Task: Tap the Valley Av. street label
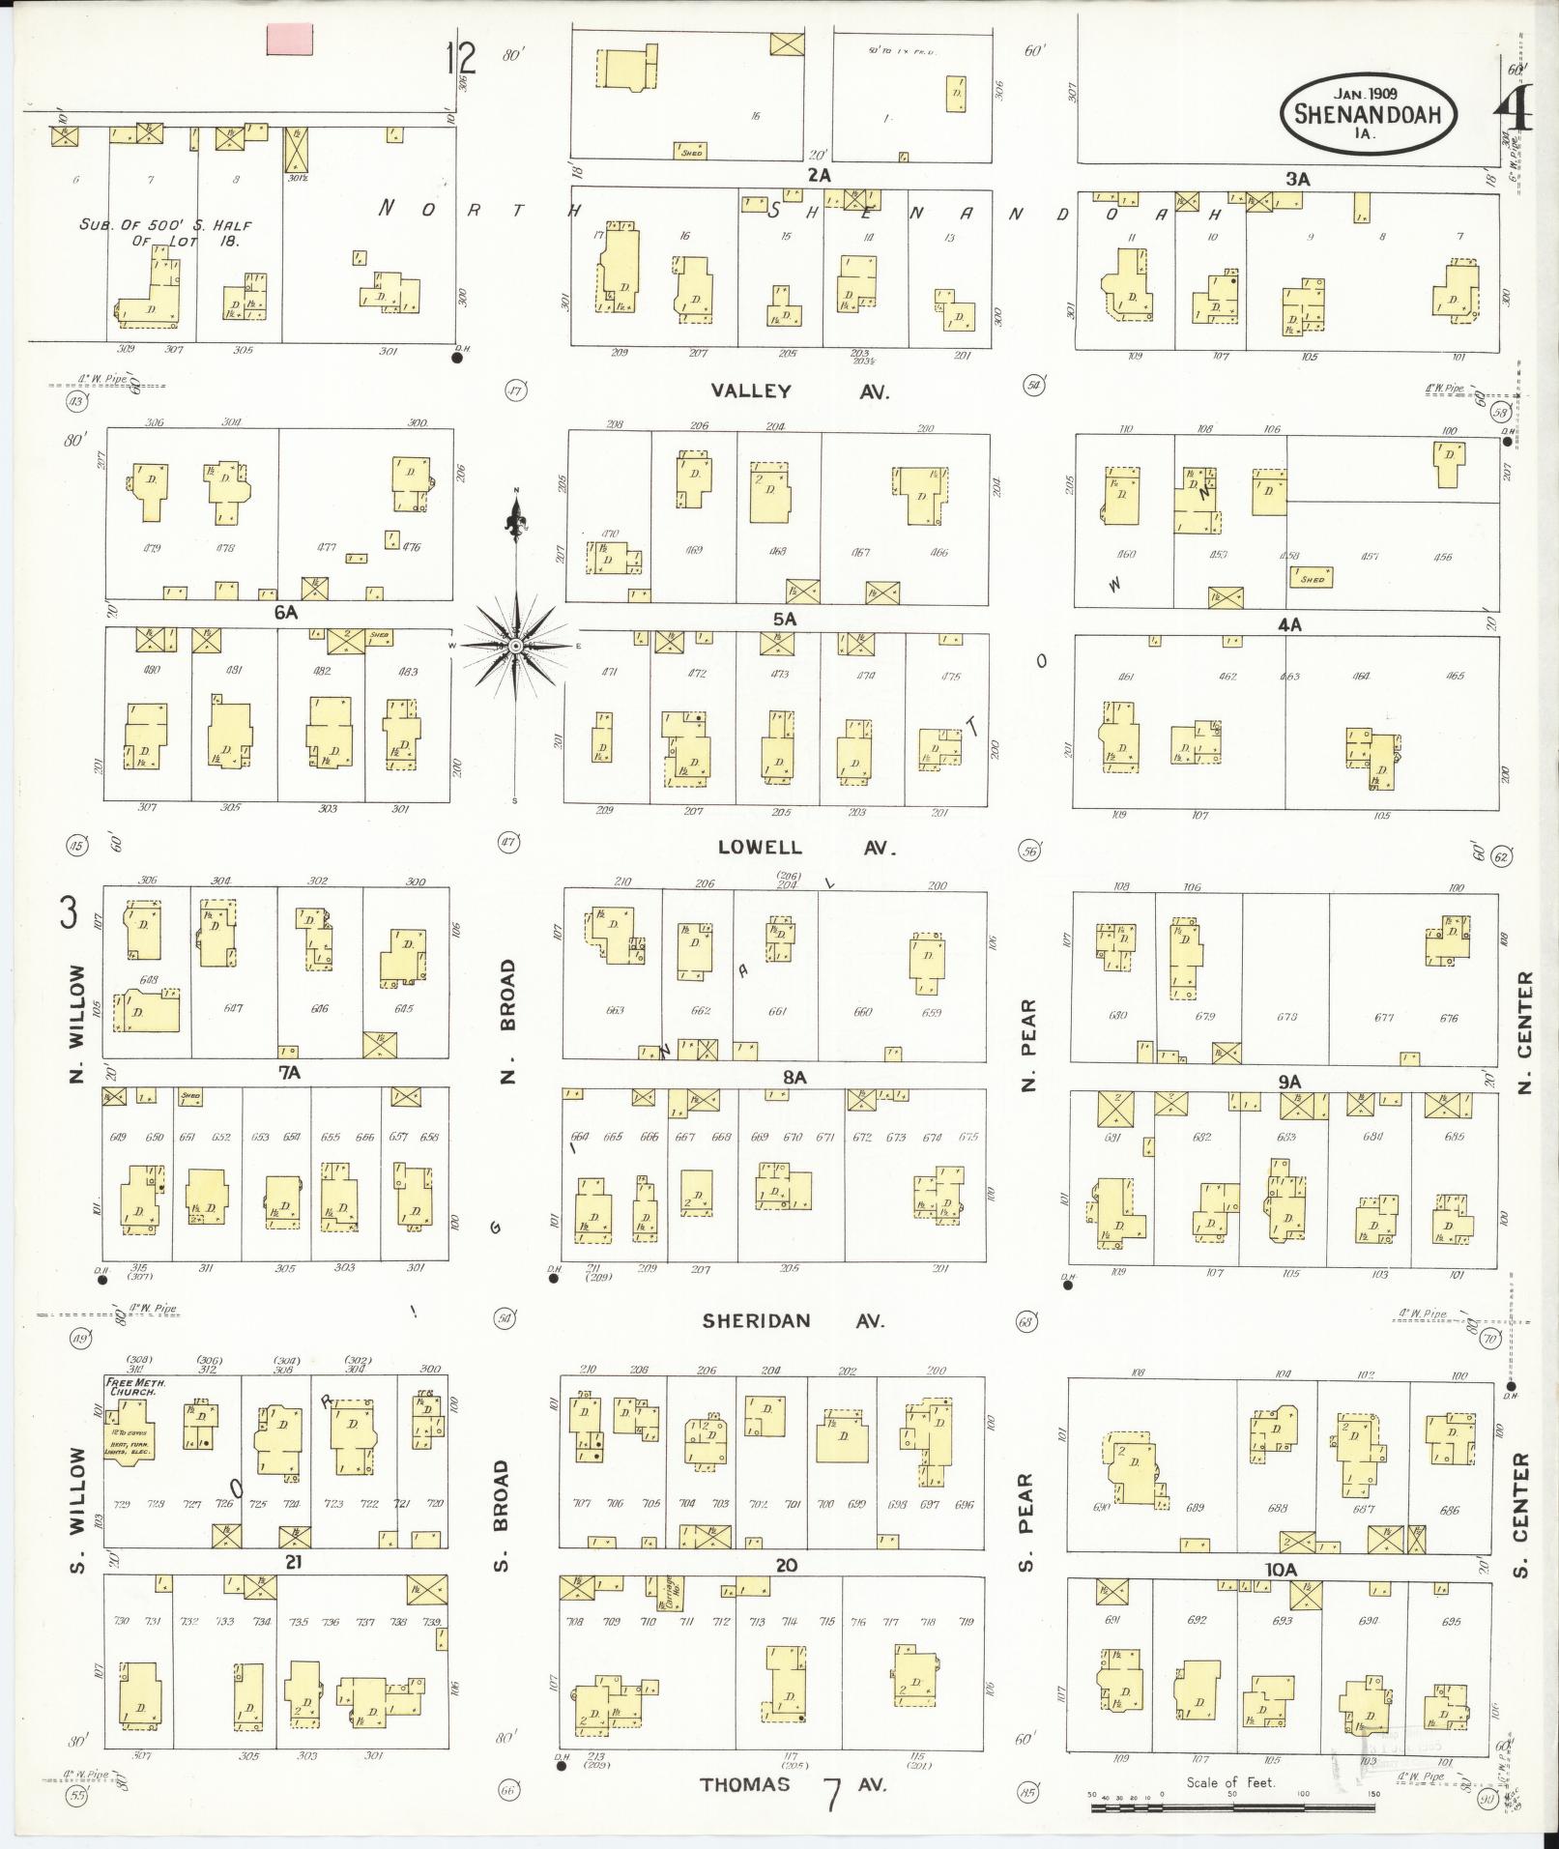point(799,391)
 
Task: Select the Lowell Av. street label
point(806,848)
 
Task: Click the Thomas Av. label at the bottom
point(790,1784)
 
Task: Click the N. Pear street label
point(1028,1044)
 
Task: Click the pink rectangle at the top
point(289,39)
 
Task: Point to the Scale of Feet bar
point(1231,1795)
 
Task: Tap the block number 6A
point(285,612)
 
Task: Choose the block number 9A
point(1289,1083)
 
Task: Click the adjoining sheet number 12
point(461,58)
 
